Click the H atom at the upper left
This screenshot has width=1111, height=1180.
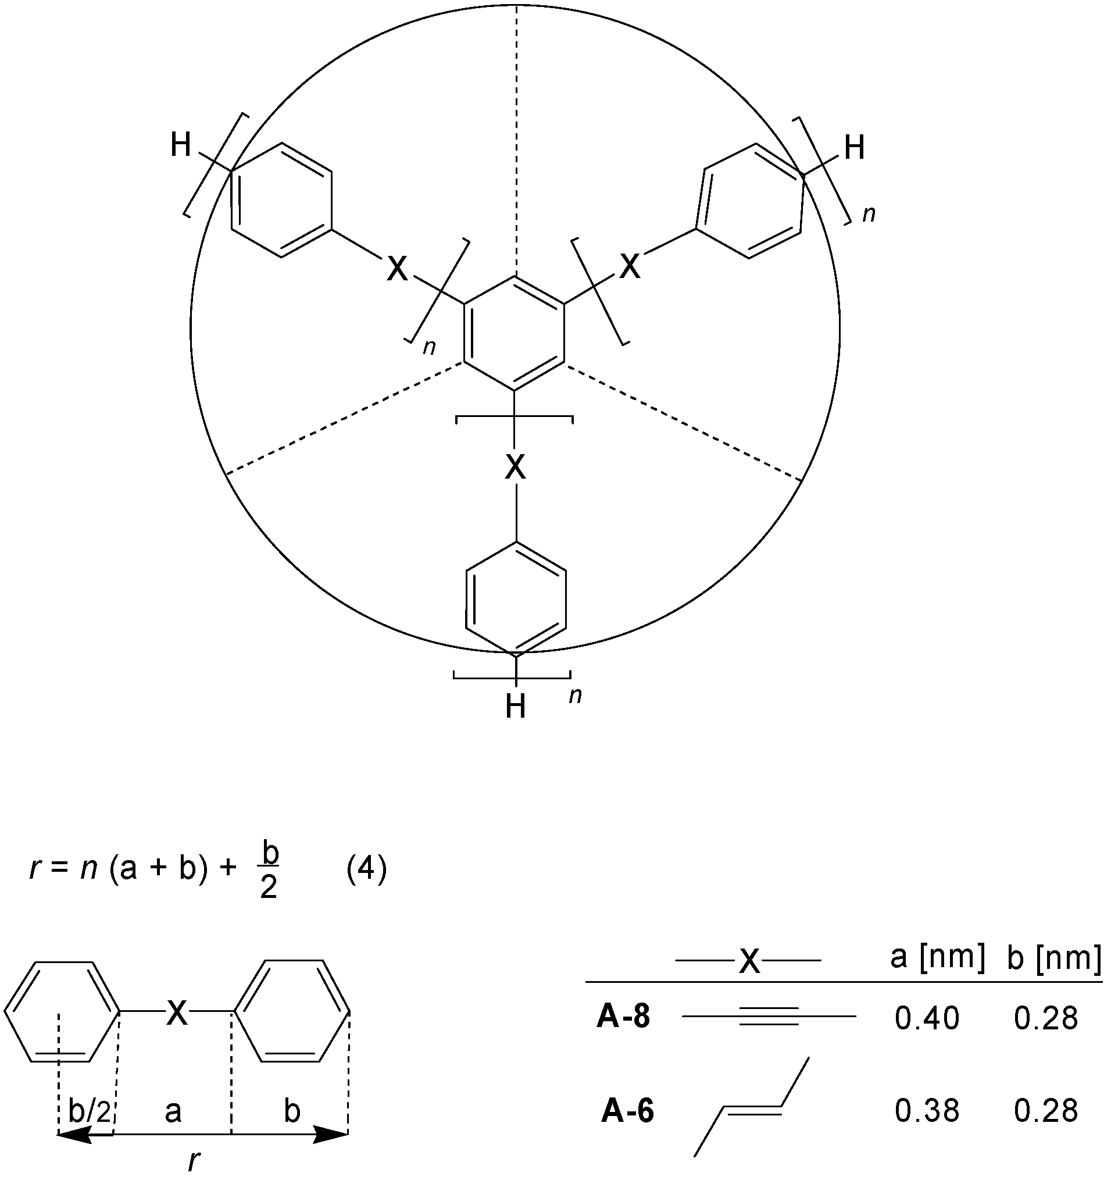tap(180, 145)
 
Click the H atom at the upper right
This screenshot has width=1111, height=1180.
tap(854, 148)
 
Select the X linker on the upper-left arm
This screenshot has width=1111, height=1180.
tap(398, 269)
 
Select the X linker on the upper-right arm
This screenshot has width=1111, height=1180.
tap(630, 266)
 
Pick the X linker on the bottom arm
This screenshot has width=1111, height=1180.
tap(515, 469)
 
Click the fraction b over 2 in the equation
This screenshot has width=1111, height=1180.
tap(269, 872)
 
